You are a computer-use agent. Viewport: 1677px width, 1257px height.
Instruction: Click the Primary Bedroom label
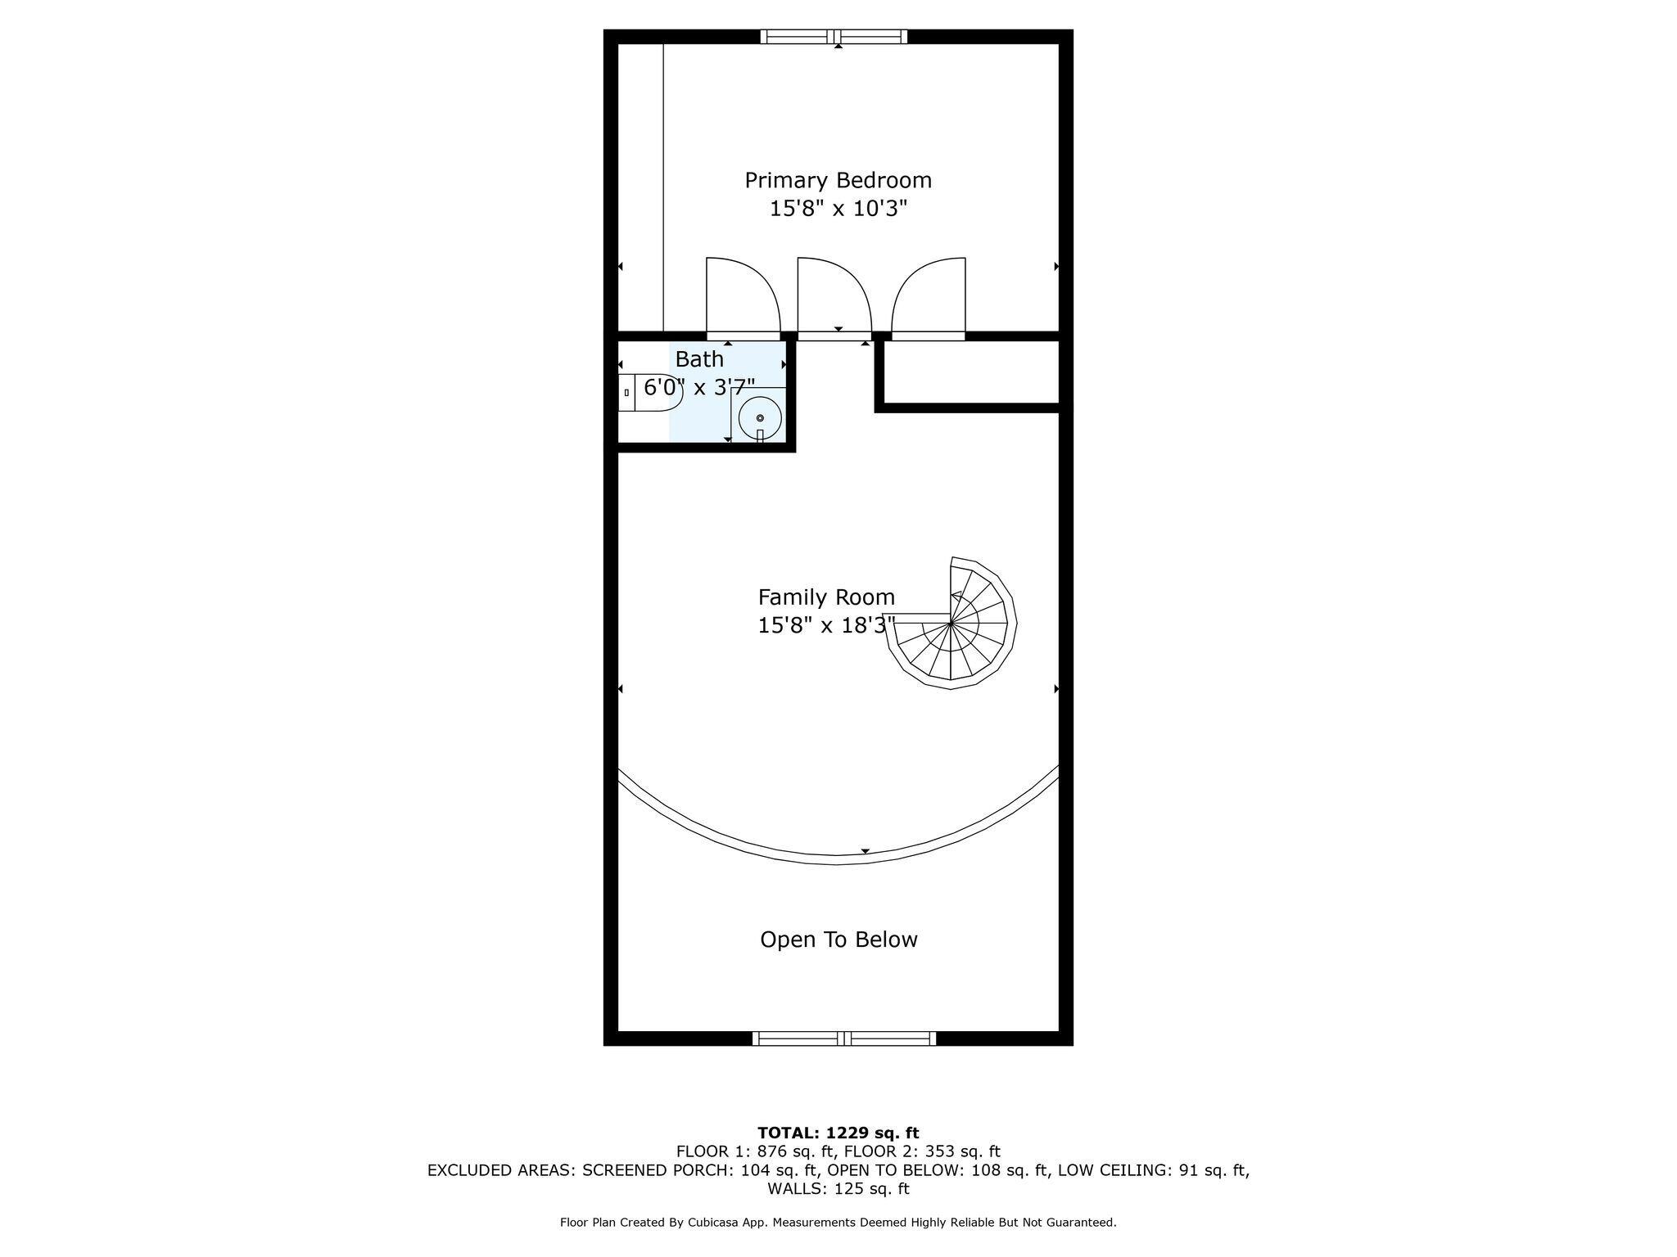[838, 181]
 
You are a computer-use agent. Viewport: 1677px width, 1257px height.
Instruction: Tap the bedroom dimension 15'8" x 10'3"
[838, 209]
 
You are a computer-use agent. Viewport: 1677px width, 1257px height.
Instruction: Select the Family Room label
[826, 597]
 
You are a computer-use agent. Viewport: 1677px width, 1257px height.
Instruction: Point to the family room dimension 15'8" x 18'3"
[826, 625]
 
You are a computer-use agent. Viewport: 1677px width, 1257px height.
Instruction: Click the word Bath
[699, 359]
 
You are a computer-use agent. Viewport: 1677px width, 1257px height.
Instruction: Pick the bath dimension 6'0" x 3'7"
[699, 387]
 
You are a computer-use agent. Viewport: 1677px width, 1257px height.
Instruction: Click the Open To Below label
[838, 939]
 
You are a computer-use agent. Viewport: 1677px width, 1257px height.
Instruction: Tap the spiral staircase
[951, 624]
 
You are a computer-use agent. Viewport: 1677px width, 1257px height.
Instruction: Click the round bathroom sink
[761, 418]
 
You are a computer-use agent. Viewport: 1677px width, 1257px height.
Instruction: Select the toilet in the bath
[650, 392]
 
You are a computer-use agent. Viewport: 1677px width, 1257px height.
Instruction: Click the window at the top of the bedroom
[834, 36]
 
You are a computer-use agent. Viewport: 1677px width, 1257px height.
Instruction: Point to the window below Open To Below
[844, 1038]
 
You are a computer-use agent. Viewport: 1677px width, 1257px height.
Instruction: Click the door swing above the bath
[743, 295]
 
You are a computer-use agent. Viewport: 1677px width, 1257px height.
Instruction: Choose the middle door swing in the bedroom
[834, 295]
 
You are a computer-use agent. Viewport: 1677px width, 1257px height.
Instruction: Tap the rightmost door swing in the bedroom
[929, 295]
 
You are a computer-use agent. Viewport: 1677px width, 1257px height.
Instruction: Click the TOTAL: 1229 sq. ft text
[838, 1133]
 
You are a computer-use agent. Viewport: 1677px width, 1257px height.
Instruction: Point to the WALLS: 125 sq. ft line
[838, 1189]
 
